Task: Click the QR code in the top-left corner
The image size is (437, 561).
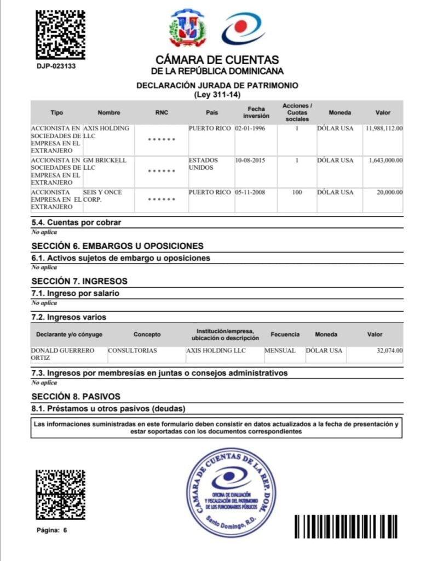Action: tap(60, 34)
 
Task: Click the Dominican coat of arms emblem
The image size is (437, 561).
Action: tap(188, 28)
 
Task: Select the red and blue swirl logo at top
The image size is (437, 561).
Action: tap(244, 28)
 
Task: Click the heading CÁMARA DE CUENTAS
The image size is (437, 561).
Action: tap(217, 60)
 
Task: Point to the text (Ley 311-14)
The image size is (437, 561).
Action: tap(217, 95)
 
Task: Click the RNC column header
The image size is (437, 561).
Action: tap(162, 113)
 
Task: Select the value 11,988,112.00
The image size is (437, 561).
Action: tap(383, 128)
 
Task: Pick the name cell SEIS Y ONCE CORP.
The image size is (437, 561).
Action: tap(102, 196)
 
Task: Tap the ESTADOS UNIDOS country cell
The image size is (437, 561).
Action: tap(203, 164)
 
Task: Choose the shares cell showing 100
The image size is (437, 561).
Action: tap(297, 193)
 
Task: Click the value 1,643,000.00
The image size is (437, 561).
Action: tap(383, 161)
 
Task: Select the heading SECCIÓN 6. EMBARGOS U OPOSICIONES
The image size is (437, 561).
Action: tap(117, 246)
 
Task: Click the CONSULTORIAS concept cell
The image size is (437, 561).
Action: tap(133, 351)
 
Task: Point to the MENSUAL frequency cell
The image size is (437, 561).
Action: tap(280, 351)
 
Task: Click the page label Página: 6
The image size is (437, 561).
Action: tap(52, 530)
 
